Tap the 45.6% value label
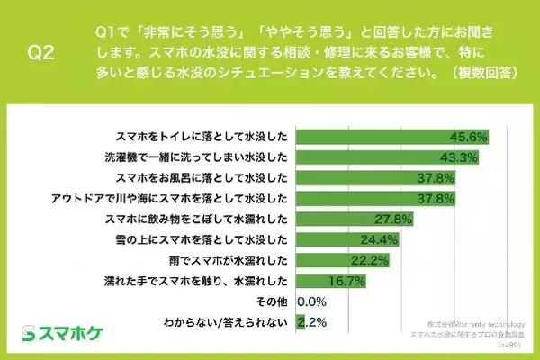coord(469,138)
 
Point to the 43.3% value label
coord(459,157)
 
